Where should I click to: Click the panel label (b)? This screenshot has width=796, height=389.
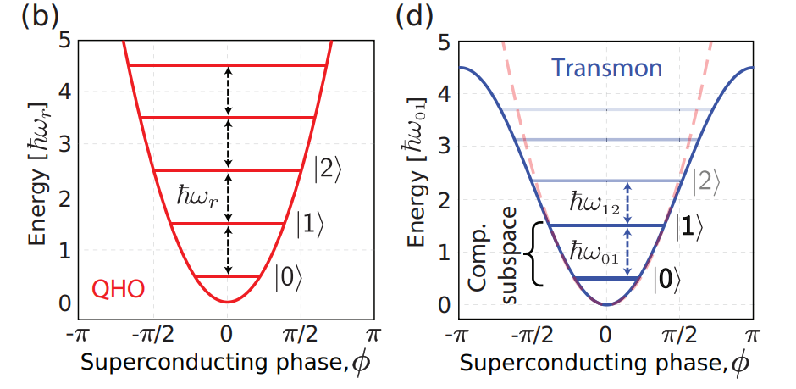point(31,16)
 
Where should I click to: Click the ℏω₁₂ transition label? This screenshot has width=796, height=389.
point(589,203)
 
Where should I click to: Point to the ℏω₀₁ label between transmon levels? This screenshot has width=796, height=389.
point(589,253)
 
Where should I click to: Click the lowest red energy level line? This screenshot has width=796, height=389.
point(228,276)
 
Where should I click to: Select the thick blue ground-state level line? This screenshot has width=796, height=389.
point(605,278)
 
